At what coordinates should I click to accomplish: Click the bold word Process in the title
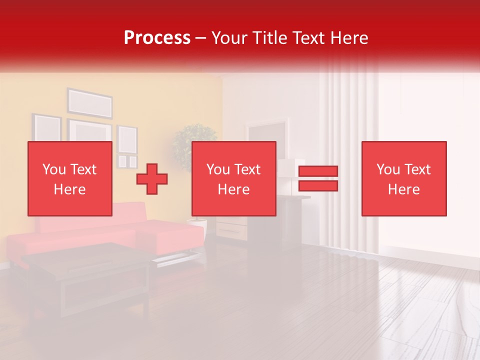(157, 38)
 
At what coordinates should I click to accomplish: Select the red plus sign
(152, 179)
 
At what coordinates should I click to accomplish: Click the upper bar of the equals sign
(318, 171)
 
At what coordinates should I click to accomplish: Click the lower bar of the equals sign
(318, 186)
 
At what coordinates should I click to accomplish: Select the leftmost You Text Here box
(69, 178)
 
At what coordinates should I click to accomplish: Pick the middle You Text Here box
(233, 178)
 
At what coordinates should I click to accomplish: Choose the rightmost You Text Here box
(403, 178)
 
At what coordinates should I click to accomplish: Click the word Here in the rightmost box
(403, 189)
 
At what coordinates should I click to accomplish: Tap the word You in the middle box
(218, 169)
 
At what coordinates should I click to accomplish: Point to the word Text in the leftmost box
(83, 169)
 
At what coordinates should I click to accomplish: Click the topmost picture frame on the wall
(90, 103)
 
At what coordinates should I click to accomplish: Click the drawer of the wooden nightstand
(231, 230)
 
